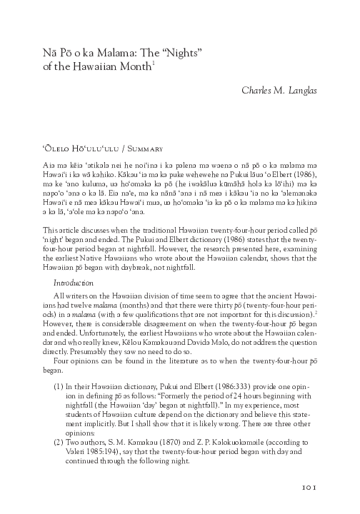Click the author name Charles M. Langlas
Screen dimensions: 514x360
(281, 90)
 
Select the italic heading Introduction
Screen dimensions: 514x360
(74, 262)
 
